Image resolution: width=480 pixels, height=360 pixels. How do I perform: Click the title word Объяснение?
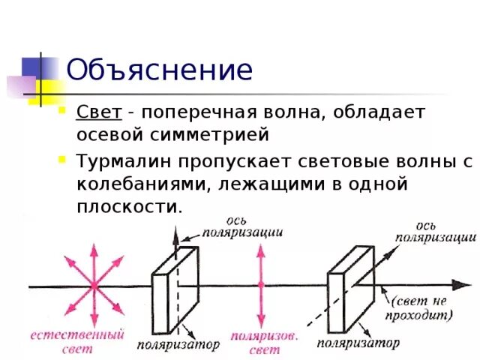click(159, 70)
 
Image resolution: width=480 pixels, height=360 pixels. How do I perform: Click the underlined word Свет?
click(98, 112)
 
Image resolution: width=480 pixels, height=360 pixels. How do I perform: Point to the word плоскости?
click(129, 206)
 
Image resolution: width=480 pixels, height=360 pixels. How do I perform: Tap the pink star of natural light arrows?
click(94, 285)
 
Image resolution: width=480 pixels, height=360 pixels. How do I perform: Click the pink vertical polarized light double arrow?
click(260, 285)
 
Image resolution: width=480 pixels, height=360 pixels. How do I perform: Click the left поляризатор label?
click(178, 344)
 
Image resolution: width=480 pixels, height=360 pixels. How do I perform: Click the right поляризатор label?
click(358, 343)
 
